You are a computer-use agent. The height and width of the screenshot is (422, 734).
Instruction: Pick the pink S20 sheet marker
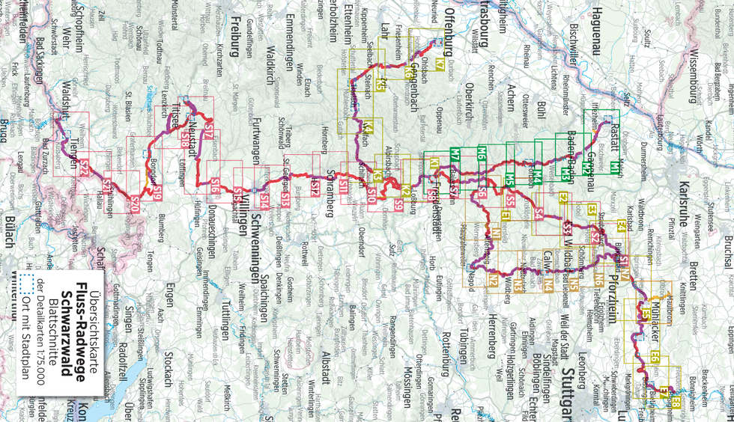pyautogui.click(x=135, y=202)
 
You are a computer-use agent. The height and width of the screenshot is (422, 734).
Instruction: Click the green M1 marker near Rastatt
pyautogui.click(x=614, y=165)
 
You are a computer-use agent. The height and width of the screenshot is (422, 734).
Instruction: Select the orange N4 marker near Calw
pyautogui.click(x=549, y=284)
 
